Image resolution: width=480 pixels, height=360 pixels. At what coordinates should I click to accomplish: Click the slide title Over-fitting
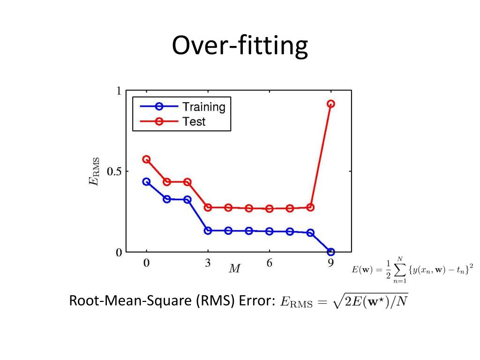[240, 46]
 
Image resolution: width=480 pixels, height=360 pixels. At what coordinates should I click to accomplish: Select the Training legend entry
[203, 107]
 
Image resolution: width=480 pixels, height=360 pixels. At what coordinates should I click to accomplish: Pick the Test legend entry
[194, 122]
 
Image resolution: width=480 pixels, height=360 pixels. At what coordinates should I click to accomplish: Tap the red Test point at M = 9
[330, 104]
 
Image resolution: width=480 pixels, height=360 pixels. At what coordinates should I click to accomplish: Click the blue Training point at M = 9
[330, 252]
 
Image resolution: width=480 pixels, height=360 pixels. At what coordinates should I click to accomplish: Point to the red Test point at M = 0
[146, 159]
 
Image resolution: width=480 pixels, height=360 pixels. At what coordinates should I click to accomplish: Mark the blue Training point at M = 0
[146, 181]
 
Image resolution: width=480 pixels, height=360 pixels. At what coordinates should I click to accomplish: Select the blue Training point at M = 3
[208, 231]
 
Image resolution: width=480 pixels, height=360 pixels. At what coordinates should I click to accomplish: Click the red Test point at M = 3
[208, 207]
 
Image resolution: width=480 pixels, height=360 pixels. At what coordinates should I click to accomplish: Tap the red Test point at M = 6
[269, 209]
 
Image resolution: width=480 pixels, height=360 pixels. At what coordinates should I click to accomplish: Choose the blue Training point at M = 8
[310, 232]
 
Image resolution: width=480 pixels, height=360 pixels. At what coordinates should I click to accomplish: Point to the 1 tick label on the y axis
[119, 91]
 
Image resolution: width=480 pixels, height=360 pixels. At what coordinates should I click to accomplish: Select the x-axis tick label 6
[269, 263]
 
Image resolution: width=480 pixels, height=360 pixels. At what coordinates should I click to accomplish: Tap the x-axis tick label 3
[208, 263]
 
